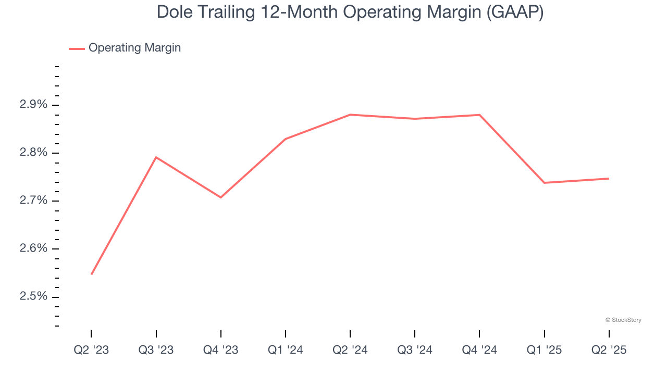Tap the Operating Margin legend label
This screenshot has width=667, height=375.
(x=134, y=48)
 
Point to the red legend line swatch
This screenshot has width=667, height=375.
(x=77, y=48)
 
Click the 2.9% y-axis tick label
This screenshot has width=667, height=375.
(x=33, y=105)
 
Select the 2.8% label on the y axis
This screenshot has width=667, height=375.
(x=33, y=153)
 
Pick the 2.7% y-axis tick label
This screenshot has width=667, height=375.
(x=33, y=201)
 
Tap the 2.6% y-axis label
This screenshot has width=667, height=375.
(x=33, y=248)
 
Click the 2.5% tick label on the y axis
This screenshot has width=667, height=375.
(x=33, y=296)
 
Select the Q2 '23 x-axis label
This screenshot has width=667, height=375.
(x=91, y=351)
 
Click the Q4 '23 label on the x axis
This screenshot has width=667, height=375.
(x=220, y=351)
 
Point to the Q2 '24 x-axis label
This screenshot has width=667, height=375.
(x=350, y=351)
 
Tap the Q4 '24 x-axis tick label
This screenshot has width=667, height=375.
(x=479, y=351)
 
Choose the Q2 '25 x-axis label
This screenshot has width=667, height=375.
(x=609, y=351)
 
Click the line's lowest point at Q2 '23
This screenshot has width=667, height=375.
(x=92, y=274)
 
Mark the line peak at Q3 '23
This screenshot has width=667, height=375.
(x=156, y=157)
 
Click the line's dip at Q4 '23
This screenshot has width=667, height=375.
(x=221, y=197)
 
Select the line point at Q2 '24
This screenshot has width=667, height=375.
(x=350, y=115)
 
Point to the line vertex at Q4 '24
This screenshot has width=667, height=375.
(x=479, y=115)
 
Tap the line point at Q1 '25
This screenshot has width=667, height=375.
(x=544, y=183)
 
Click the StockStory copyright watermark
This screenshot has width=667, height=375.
(x=623, y=320)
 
